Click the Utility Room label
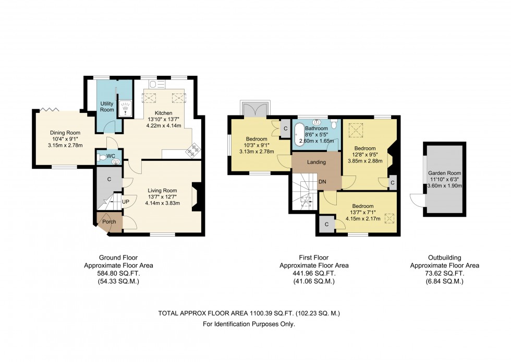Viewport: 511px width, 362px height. tap(107, 107)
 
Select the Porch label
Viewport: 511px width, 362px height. tap(109, 221)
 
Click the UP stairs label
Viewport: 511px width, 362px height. tap(126, 202)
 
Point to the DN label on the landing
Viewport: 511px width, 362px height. tap(322, 182)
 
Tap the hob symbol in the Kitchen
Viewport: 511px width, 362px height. tap(193, 151)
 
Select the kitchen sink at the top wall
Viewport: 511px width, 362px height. tap(157, 84)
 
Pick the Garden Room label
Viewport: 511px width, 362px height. tap(444, 173)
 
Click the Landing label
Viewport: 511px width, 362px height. tap(317, 162)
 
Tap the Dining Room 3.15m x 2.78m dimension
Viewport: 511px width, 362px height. tap(65, 145)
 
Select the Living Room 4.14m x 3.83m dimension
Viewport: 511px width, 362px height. tap(162, 203)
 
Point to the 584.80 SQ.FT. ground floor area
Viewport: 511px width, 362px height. tap(119, 273)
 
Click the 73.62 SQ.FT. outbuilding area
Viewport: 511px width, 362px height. tap(444, 273)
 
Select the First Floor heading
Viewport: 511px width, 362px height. tap(314, 258)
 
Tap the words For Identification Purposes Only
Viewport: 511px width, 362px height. tap(249, 324)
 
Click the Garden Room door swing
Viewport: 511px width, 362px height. tap(416, 200)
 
